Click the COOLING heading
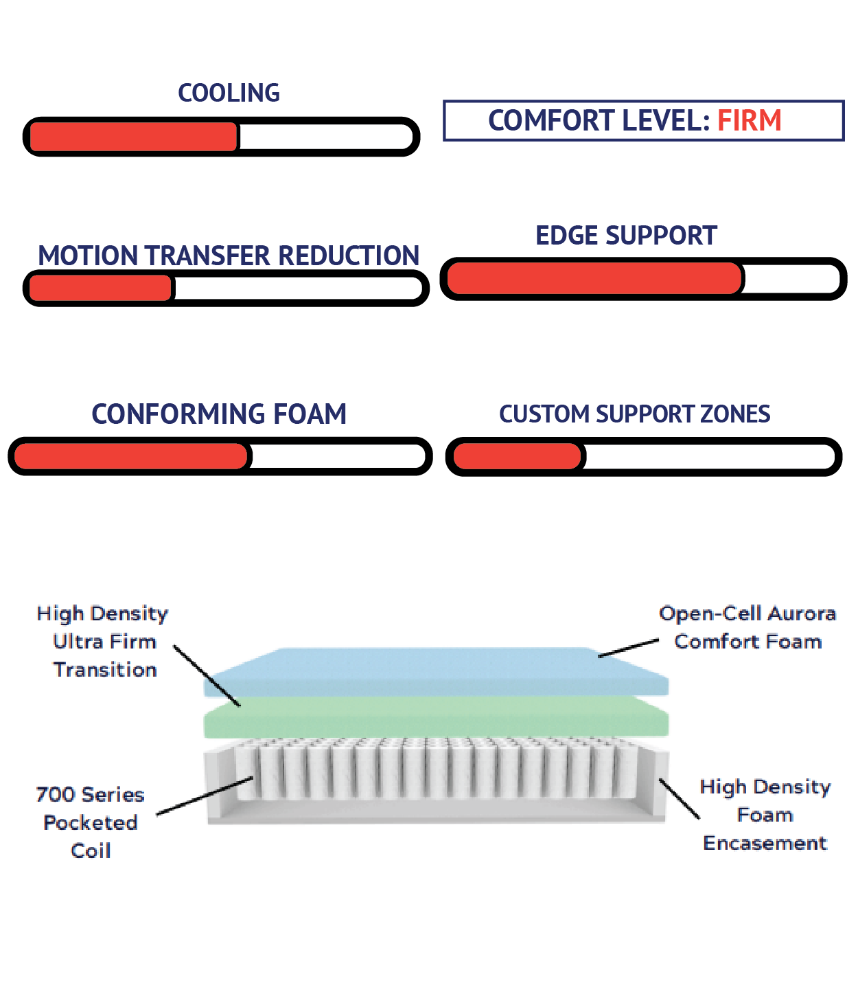229,93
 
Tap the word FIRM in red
749,121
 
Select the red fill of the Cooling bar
134,137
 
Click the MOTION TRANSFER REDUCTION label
229,256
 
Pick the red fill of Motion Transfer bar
100,289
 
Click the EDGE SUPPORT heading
626,236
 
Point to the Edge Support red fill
594,279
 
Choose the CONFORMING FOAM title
219,414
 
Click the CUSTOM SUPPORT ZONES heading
634,414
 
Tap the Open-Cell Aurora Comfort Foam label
747,627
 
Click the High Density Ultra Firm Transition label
103,642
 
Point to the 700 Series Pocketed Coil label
91,822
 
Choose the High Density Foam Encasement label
765,815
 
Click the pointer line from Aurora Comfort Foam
628,648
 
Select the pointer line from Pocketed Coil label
205,796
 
